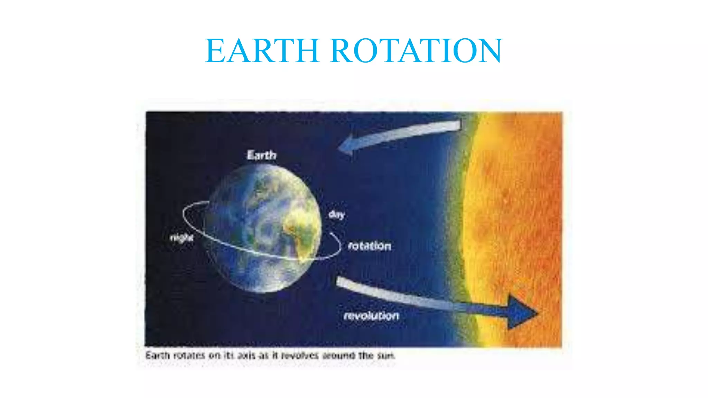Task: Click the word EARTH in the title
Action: click(x=262, y=51)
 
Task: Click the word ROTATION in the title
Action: click(x=416, y=51)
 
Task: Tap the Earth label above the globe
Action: click(x=262, y=155)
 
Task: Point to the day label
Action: click(x=336, y=215)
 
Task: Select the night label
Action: click(x=181, y=238)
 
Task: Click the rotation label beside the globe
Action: click(x=370, y=246)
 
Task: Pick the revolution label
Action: click(x=372, y=316)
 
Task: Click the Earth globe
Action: click(x=264, y=228)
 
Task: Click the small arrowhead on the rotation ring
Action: click(x=332, y=235)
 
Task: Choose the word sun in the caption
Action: click(x=386, y=356)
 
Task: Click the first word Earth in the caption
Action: click(x=158, y=356)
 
